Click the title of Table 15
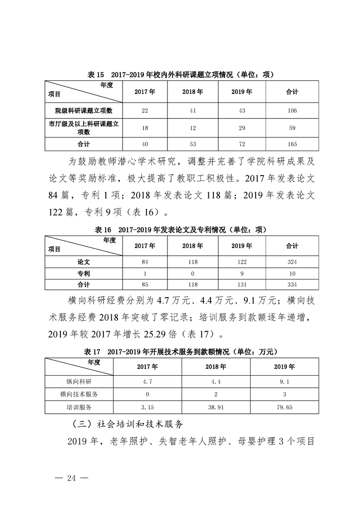[180, 74]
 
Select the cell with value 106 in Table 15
[292, 111]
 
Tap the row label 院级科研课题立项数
[84, 111]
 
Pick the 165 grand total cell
[292, 144]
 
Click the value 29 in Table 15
[242, 128]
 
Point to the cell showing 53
[192, 144]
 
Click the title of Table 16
[180, 230]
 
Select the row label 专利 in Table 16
[84, 274]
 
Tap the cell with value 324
[292, 262]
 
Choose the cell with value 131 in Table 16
[242, 284]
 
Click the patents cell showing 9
[242, 274]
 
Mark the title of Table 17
[180, 352]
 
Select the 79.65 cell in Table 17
[284, 407]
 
